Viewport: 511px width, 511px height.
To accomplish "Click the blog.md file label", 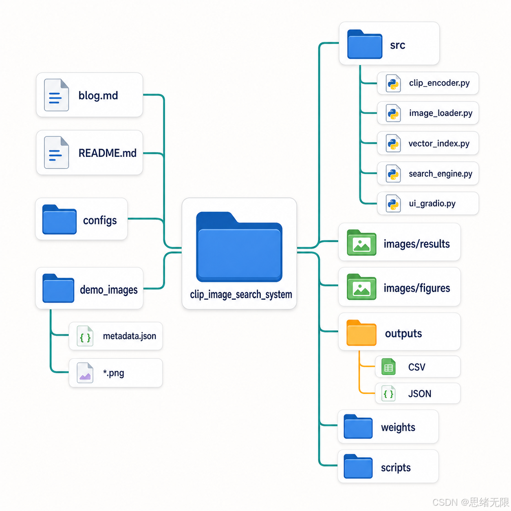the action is (98, 95).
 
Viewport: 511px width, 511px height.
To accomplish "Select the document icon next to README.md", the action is (57, 152).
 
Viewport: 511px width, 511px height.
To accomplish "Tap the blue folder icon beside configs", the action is (59, 219).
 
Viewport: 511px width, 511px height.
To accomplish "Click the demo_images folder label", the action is (109, 290).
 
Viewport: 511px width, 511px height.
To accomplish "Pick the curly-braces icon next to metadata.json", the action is (85, 336).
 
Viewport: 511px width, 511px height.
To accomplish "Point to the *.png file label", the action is (114, 373).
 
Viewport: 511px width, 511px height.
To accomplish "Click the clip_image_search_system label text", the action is (241, 295).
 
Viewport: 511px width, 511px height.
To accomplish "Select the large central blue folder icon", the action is (239, 247).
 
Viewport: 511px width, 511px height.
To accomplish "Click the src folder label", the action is (397, 45).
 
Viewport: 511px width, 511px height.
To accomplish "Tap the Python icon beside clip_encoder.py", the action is (393, 83).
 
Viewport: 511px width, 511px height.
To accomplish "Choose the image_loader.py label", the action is (441, 113).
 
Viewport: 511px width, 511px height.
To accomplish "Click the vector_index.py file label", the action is (439, 143).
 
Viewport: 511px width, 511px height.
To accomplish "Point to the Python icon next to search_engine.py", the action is (393, 174).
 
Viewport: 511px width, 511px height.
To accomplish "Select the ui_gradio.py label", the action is (432, 204).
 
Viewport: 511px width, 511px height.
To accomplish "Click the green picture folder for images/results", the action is (361, 242).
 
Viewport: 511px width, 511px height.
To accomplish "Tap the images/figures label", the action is (417, 288).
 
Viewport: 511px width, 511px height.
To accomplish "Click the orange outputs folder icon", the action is (361, 333).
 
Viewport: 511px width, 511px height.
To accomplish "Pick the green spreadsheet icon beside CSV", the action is (388, 367).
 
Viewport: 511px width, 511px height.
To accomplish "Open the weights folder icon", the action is (358, 426).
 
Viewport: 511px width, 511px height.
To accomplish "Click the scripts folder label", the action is (396, 468).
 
